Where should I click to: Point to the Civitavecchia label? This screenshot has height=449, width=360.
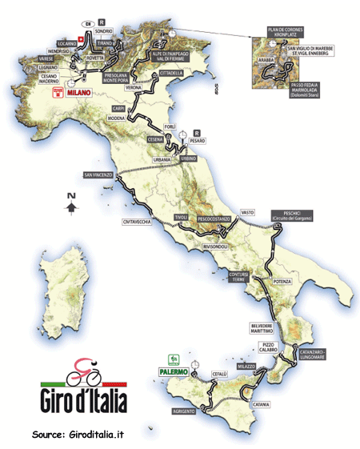[138, 222]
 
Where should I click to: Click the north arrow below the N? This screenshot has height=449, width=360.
[71, 208]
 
